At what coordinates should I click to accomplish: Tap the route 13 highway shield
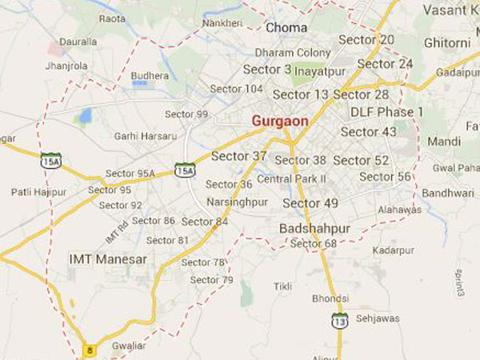(339, 320)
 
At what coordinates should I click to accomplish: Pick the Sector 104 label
(236, 88)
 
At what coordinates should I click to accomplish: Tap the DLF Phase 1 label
(386, 112)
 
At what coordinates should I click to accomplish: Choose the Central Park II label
(291, 178)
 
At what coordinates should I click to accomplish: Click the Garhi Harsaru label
(145, 136)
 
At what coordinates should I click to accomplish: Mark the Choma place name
(286, 28)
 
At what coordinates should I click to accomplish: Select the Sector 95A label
(130, 174)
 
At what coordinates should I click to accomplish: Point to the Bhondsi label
(331, 298)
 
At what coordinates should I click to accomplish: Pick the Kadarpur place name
(394, 250)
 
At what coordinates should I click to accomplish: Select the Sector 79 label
(212, 280)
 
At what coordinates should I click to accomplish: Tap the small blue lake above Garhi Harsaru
(84, 118)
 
